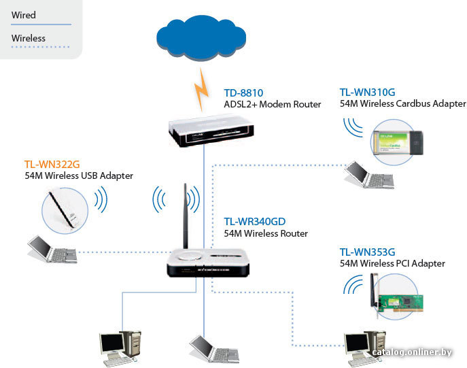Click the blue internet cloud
(x=201, y=38)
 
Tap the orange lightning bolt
(x=201, y=90)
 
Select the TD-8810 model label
(x=243, y=93)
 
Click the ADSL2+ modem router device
(x=211, y=131)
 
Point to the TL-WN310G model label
(x=367, y=93)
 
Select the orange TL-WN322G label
(x=52, y=164)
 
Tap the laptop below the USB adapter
(x=52, y=249)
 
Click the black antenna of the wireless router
(x=186, y=216)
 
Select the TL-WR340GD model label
(x=255, y=222)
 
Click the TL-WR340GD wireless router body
(x=208, y=263)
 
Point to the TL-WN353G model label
(x=367, y=252)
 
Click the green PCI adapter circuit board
(x=400, y=303)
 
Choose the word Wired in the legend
(x=24, y=15)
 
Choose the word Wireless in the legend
(x=29, y=38)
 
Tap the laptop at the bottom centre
(x=214, y=349)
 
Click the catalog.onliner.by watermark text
(x=412, y=352)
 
